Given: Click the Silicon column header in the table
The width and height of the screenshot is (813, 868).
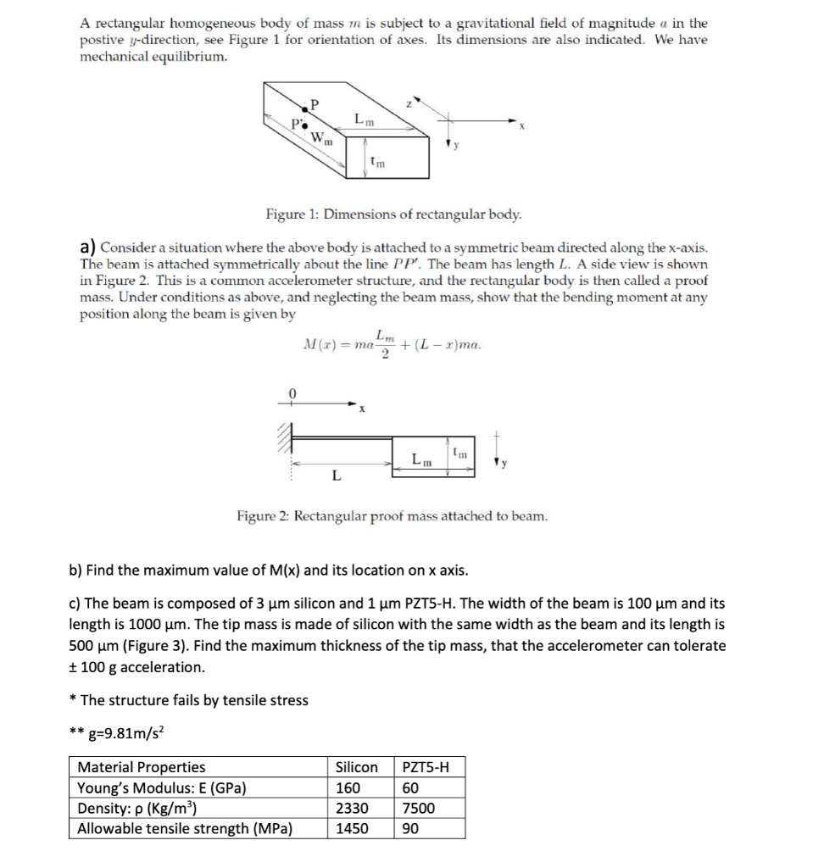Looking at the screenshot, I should [357, 768].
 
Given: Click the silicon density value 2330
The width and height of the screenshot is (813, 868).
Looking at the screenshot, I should [351, 809].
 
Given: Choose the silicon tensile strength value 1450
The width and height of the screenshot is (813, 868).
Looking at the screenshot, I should [351, 829].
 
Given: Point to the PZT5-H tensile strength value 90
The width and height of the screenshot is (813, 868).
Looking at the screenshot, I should [409, 829].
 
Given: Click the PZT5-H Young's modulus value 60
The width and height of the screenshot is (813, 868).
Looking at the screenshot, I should [409, 788].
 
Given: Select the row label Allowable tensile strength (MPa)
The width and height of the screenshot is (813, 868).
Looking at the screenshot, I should [185, 829].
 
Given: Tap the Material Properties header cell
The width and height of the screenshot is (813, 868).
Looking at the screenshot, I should [142, 768].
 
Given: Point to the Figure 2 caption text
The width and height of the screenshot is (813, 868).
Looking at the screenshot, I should [392, 515].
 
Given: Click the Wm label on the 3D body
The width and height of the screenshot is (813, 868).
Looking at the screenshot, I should [321, 139].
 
